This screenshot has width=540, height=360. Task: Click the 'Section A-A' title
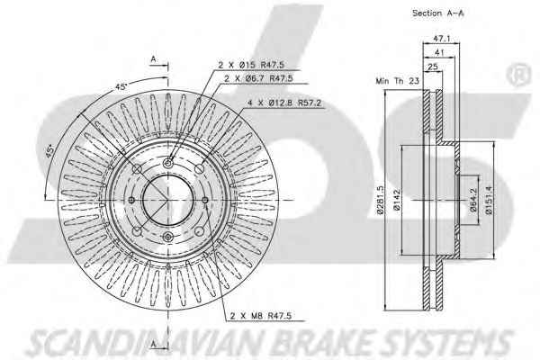[x=437, y=13]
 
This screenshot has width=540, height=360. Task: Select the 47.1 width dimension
[x=442, y=39]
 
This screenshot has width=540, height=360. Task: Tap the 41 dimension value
[x=439, y=53]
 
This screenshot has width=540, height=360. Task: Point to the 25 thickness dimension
[x=433, y=67]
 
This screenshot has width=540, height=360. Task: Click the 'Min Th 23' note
[x=398, y=81]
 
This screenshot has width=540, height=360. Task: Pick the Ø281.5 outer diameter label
[x=380, y=200]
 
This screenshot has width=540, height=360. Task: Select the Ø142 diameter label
[x=396, y=200]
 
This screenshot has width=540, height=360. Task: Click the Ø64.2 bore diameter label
[x=473, y=200]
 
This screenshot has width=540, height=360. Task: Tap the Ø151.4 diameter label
[x=489, y=200]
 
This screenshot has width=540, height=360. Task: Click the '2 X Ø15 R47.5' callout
[x=251, y=65]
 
